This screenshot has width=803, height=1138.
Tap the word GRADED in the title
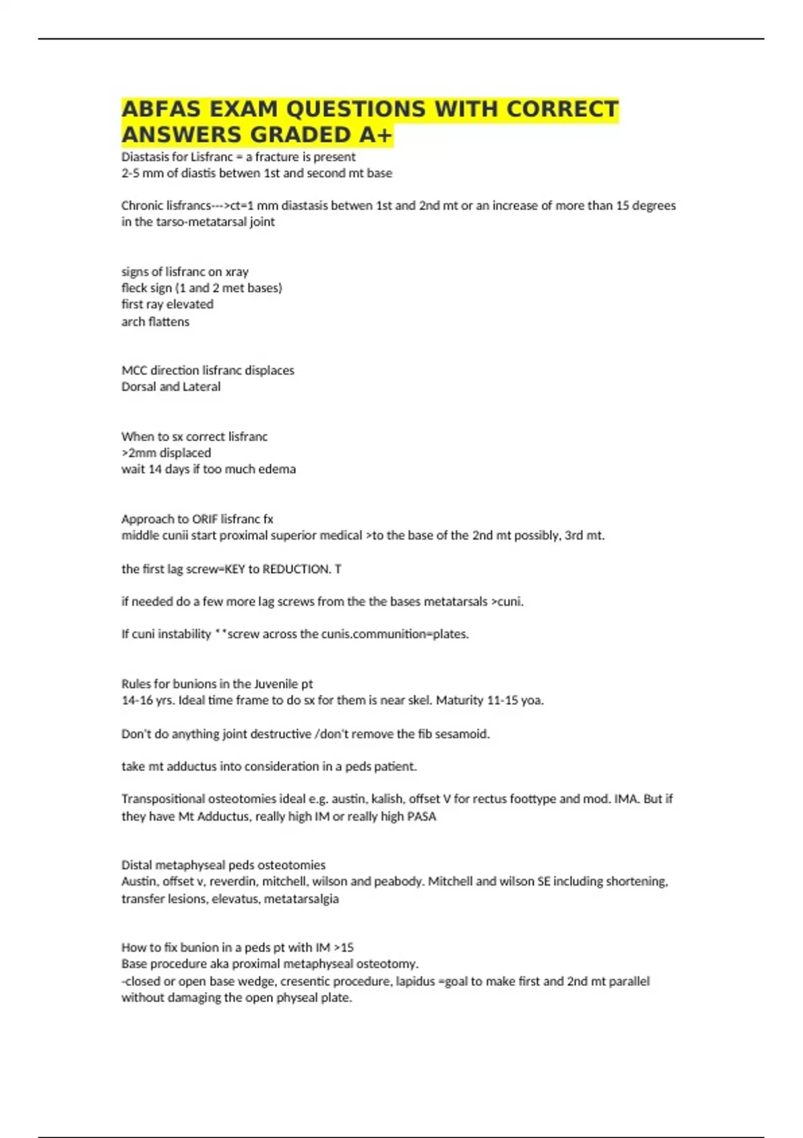click(x=301, y=135)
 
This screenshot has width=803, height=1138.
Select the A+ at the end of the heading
click(x=375, y=135)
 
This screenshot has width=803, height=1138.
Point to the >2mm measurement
click(x=139, y=453)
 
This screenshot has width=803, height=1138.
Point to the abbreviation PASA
click(x=422, y=817)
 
